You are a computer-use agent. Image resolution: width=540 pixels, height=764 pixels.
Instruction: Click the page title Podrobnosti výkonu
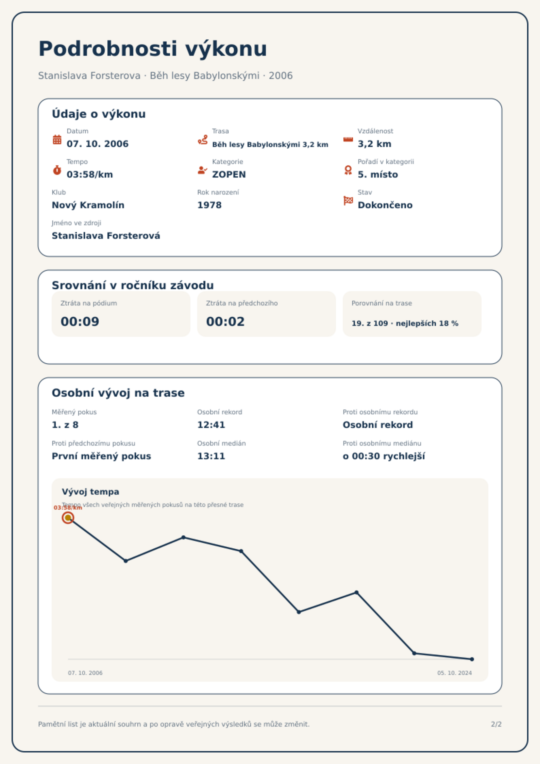click(x=153, y=49)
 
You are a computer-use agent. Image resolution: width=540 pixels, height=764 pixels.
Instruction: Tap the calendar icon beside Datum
click(x=57, y=139)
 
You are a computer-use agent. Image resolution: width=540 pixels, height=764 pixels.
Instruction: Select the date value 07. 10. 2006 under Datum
click(x=98, y=144)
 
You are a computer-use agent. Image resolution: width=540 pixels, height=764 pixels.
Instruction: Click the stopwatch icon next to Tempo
click(x=57, y=170)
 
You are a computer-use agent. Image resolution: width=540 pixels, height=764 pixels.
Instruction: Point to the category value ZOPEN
click(x=229, y=175)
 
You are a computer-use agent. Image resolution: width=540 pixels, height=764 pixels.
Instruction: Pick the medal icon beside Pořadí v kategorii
click(x=348, y=170)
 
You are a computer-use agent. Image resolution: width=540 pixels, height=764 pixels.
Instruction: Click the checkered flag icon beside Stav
click(x=348, y=201)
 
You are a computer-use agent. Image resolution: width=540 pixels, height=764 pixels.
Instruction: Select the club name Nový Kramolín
click(x=88, y=205)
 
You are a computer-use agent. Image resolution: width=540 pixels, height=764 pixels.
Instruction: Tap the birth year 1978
click(x=209, y=205)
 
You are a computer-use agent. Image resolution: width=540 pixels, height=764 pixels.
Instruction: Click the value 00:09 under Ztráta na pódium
click(x=80, y=321)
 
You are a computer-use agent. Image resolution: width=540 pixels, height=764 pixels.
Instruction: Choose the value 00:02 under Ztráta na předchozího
click(x=225, y=321)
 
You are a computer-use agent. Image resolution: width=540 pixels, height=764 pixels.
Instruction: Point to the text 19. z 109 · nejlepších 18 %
click(x=405, y=323)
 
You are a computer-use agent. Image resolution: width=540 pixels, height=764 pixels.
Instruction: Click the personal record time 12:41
click(x=211, y=425)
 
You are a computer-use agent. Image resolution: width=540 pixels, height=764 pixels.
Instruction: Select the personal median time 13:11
click(x=211, y=456)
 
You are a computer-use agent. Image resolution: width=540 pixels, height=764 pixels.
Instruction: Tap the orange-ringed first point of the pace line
click(x=68, y=518)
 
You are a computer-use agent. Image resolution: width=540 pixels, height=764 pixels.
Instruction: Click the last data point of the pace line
click(x=472, y=659)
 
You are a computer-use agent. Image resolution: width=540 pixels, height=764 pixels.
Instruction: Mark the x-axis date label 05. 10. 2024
click(x=455, y=673)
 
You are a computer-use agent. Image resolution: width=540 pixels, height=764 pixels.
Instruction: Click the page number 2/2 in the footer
click(x=496, y=724)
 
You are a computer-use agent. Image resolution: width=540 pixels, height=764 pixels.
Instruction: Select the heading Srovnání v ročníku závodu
click(x=133, y=285)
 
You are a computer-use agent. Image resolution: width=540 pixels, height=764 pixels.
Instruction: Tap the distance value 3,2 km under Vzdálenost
click(x=374, y=144)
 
